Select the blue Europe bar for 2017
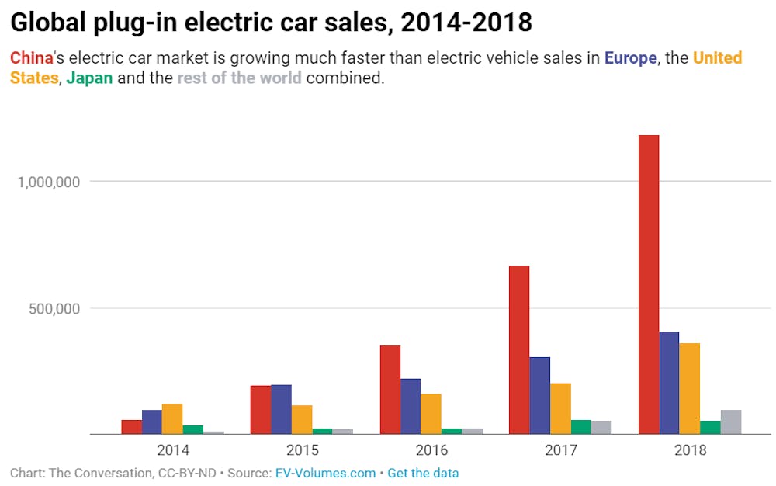tap(539, 395)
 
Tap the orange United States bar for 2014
tap(172, 418)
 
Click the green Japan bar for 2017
tap(580, 427)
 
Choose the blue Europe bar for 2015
tap(281, 409)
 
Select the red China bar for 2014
tap(132, 427)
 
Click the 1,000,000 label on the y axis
tap(48, 182)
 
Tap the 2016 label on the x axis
tap(431, 450)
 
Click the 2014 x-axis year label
tap(172, 450)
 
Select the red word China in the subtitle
tap(32, 58)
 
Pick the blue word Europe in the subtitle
tap(630, 58)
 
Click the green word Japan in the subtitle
tap(89, 78)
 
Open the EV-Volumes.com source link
tap(325, 473)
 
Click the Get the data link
tap(423, 473)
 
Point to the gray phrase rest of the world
tap(239, 78)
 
